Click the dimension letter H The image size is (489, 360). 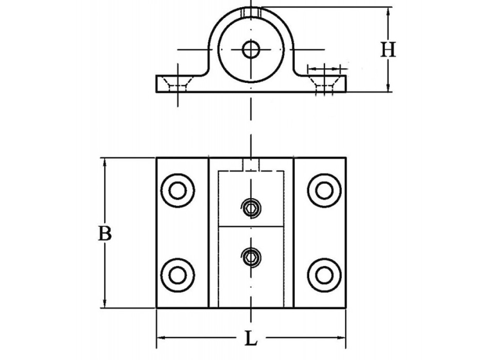pyautogui.click(x=388, y=50)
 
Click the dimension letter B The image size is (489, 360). pyautogui.click(x=105, y=233)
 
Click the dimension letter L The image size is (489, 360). pyautogui.click(x=250, y=339)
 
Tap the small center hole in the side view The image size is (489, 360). pyautogui.click(x=251, y=50)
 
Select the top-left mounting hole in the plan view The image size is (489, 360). pyautogui.click(x=178, y=190)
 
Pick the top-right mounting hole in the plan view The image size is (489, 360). pyautogui.click(x=324, y=190)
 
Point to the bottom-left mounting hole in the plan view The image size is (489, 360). pyautogui.click(x=178, y=275)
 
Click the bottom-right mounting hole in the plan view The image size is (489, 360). pyautogui.click(x=324, y=275)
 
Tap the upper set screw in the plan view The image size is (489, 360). pyautogui.click(x=251, y=208)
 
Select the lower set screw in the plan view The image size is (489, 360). pyautogui.click(x=251, y=256)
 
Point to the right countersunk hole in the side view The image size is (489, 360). pyautogui.click(x=324, y=82)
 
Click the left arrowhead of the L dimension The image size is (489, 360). pyautogui.click(x=160, y=338)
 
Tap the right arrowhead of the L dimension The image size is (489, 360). pyautogui.click(x=343, y=338)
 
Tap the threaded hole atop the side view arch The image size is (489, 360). pyautogui.click(x=251, y=11)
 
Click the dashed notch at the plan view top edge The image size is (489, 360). pyautogui.click(x=251, y=165)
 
